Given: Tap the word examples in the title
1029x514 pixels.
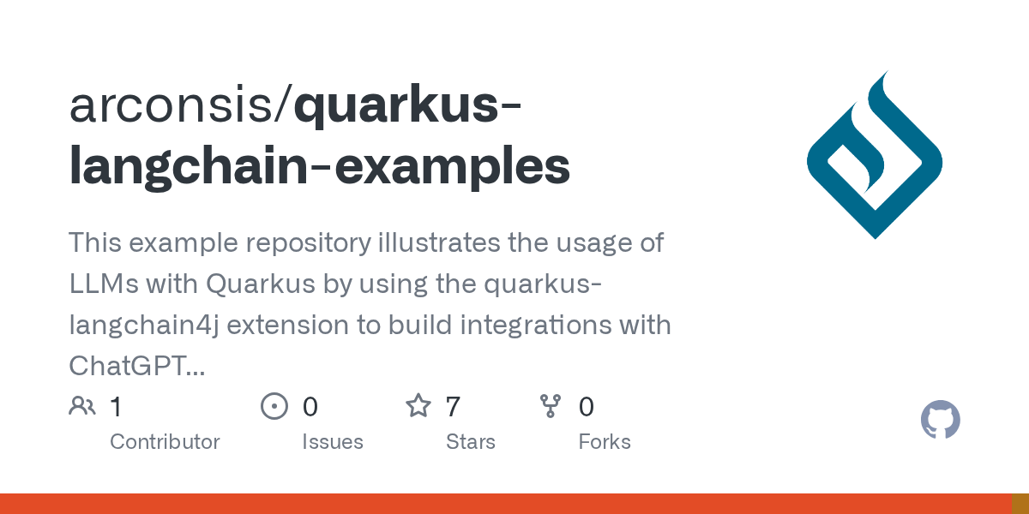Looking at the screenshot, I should point(452,165).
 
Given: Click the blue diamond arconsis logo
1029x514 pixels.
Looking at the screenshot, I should point(875,155).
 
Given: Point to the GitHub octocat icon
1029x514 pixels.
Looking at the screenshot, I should point(940,421).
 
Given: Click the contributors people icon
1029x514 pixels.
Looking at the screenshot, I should point(82,406).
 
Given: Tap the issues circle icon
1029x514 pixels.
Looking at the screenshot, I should point(274,406).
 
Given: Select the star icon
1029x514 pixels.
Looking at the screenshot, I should point(418,406).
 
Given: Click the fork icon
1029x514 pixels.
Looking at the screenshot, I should point(551,406).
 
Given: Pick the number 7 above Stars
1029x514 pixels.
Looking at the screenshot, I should point(453,406).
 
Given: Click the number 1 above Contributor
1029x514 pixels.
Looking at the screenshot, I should point(116,406).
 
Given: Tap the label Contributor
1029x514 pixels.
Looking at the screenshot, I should point(165,442).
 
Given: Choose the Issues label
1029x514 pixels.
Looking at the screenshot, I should point(333,442).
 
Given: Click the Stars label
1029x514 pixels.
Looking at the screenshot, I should point(471,442).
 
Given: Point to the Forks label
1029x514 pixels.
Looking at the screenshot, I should point(605,442).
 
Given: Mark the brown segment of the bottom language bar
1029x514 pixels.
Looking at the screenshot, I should point(1020,504).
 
